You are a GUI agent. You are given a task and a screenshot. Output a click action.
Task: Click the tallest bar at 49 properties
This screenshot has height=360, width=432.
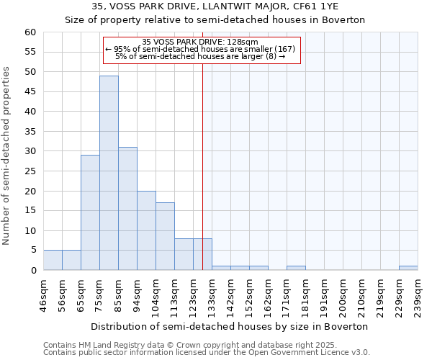[x=109, y=173]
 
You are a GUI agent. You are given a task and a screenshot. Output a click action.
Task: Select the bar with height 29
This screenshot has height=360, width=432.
[x=90, y=212]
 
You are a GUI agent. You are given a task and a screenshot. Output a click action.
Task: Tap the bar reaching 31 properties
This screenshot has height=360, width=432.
[x=127, y=209]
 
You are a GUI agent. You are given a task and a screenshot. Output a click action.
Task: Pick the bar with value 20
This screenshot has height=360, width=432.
[x=146, y=230]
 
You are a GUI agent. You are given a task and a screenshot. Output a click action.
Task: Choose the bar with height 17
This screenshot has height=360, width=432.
[x=165, y=236]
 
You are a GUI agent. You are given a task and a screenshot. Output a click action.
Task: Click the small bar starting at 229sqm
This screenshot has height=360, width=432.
[x=408, y=268]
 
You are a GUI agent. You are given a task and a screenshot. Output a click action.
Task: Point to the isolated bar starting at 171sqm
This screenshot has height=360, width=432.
[x=296, y=268]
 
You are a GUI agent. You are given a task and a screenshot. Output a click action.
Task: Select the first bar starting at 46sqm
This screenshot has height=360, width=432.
[x=53, y=260]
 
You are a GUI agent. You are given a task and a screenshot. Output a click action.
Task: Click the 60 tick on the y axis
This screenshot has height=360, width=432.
[x=30, y=32]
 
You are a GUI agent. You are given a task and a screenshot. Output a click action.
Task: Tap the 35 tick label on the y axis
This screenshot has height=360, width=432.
[x=30, y=132]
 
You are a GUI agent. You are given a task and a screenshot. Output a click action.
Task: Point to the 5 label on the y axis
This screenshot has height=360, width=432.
[x=33, y=251]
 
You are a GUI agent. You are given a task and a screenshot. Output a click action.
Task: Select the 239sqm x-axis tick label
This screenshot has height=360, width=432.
[x=418, y=294]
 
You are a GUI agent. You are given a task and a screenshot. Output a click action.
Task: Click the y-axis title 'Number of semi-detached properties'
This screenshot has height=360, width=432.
[x=7, y=155]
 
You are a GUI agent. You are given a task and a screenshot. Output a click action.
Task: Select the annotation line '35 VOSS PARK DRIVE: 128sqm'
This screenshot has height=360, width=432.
[x=200, y=42]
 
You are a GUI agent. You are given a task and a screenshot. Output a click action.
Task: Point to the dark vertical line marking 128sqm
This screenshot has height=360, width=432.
[x=202, y=166]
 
